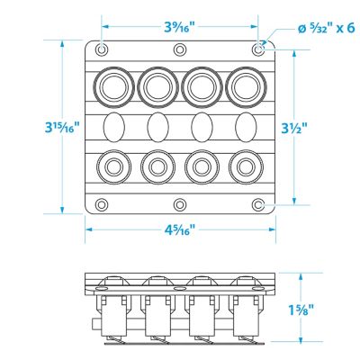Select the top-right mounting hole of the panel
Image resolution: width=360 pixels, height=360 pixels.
pyautogui.click(x=258, y=49)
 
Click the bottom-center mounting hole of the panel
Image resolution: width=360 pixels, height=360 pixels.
pyautogui.click(x=180, y=204)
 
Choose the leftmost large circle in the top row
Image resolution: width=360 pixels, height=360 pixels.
pyautogui.click(x=115, y=85)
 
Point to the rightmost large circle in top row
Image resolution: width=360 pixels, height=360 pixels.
pyautogui.click(x=244, y=85)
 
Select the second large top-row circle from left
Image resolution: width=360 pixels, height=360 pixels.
pyautogui.click(x=157, y=85)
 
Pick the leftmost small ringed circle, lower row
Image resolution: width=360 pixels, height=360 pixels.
pyautogui.click(x=115, y=166)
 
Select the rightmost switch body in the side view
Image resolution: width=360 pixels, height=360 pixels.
pyautogui.click(x=245, y=314)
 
